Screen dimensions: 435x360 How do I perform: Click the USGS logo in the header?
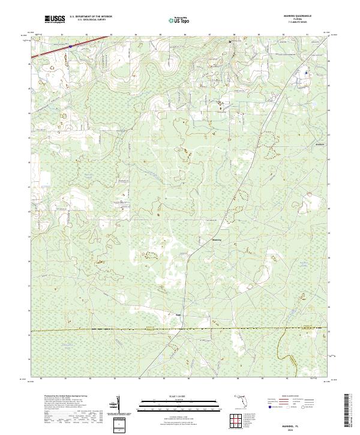click(55, 20)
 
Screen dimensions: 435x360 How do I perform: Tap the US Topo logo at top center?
click(179, 20)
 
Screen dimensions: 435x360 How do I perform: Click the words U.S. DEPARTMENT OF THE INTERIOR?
click(91, 17)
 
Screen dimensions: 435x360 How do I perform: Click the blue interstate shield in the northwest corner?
click(70, 45)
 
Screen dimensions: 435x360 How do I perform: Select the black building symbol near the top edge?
click(229, 42)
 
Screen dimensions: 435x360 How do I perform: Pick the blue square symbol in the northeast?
click(305, 73)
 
